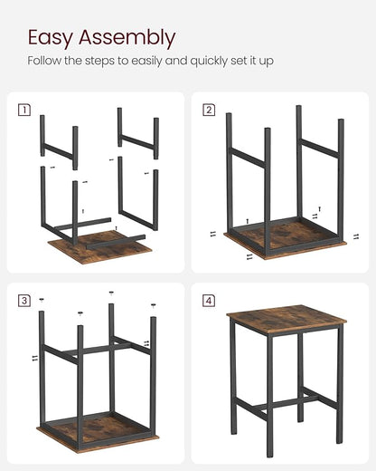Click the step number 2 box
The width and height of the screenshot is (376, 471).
[x=209, y=111]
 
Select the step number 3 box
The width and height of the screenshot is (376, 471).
[x=23, y=300]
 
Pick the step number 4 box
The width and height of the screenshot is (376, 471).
[x=209, y=300]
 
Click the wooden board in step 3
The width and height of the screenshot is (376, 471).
[x=94, y=430]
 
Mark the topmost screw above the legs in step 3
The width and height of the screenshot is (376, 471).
[x=111, y=293]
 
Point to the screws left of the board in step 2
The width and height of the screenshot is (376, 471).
[x=213, y=234]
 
